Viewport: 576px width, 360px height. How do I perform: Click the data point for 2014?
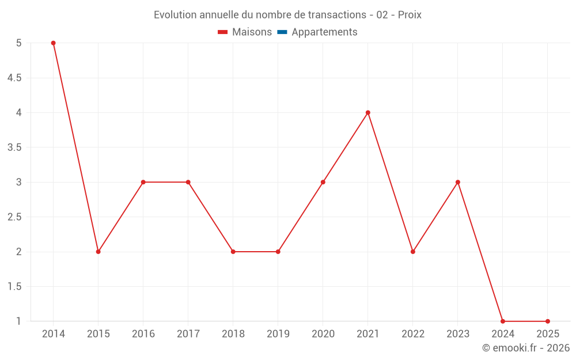pyautogui.click(x=53, y=43)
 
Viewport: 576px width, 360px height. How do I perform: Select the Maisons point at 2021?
pyautogui.click(x=367, y=113)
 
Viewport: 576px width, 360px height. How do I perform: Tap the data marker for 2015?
pyautogui.click(x=98, y=252)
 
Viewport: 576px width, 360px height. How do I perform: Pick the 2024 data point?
pyautogui.click(x=503, y=321)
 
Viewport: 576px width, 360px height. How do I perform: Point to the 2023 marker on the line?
pyautogui.click(x=458, y=182)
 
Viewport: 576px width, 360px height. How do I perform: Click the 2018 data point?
pyautogui.click(x=233, y=252)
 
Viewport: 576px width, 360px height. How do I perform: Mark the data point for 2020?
pyautogui.click(x=323, y=182)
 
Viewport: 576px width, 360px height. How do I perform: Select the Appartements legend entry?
pyautogui.click(x=324, y=32)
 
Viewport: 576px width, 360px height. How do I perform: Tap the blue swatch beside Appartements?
pyautogui.click(x=282, y=32)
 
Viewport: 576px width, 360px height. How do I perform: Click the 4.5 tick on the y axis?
pyautogui.click(x=14, y=78)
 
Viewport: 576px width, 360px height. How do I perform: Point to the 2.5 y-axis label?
pyautogui.click(x=14, y=217)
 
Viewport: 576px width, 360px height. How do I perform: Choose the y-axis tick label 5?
pyautogui.click(x=18, y=43)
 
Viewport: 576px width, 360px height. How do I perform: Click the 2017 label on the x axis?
pyautogui.click(x=188, y=334)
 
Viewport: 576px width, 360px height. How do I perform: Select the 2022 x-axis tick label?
pyautogui.click(x=413, y=334)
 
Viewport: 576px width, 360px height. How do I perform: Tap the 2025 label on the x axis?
pyautogui.click(x=548, y=334)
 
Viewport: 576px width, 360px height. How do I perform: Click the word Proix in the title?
pyautogui.click(x=410, y=15)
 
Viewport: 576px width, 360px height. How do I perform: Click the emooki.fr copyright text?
pyautogui.click(x=526, y=348)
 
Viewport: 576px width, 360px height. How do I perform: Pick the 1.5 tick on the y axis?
pyautogui.click(x=14, y=287)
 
